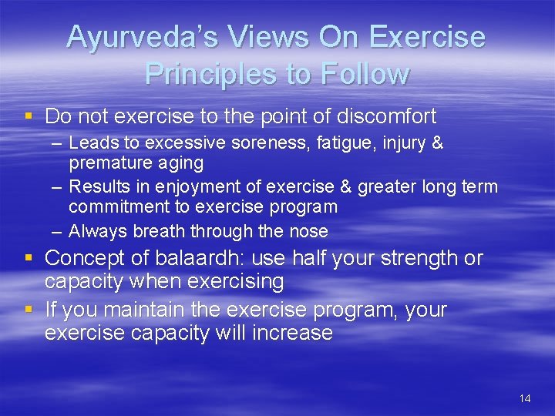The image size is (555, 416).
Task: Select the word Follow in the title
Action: click(x=364, y=74)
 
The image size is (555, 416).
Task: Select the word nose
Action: click(x=311, y=231)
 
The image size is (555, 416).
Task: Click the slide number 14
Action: click(x=525, y=398)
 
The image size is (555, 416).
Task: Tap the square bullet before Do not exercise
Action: click(x=29, y=116)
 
